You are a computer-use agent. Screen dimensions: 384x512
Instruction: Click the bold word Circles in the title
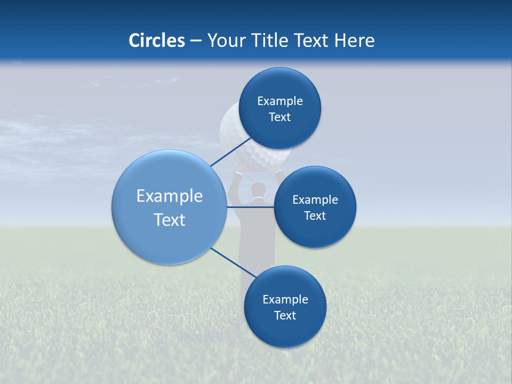[x=157, y=41]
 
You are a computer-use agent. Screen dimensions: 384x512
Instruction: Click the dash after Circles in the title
[x=196, y=41]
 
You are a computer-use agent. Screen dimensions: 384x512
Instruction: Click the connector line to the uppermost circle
[x=230, y=153]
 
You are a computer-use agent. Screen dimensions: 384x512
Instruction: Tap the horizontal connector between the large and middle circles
[x=250, y=207]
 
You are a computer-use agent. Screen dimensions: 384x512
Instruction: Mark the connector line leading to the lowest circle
[x=232, y=261]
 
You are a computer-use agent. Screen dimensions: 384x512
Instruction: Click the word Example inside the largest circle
[x=170, y=196]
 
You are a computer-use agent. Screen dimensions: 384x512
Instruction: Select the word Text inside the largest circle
[x=170, y=220]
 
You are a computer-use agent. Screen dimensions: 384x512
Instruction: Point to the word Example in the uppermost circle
[x=280, y=101]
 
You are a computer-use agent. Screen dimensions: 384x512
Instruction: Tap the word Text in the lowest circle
[x=285, y=316]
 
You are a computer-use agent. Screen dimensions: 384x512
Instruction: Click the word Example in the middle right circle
[x=315, y=200]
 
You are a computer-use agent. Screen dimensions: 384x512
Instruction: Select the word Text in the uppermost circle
[x=279, y=117]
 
